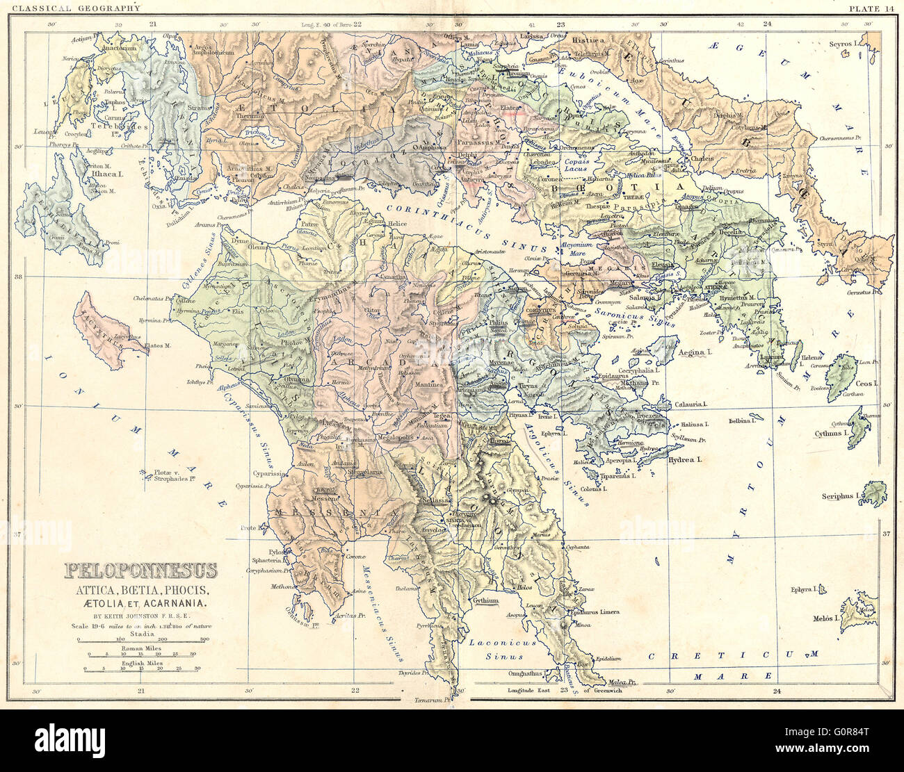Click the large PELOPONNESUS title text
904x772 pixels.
(141, 570)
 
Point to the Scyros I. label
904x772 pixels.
(844, 44)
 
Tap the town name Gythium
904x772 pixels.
(486, 600)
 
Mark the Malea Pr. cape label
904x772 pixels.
(623, 682)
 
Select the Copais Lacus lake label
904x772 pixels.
(576, 164)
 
